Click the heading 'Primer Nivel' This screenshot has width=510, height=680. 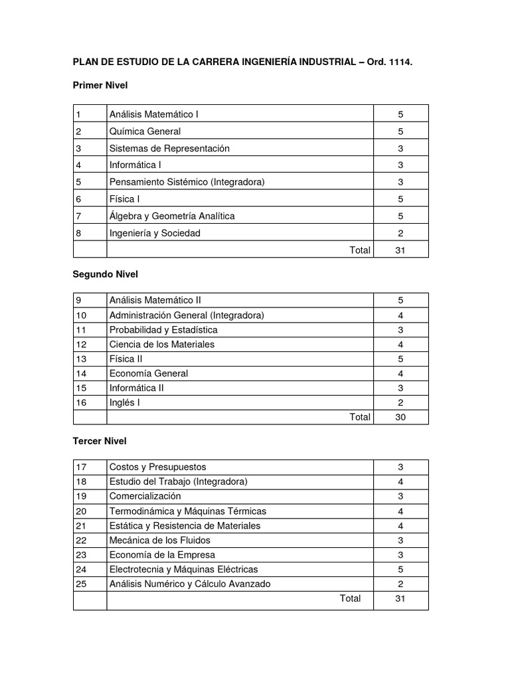point(100,85)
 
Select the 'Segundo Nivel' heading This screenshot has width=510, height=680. point(105,274)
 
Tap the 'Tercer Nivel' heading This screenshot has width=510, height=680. point(100,441)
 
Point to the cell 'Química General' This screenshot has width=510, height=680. point(145,131)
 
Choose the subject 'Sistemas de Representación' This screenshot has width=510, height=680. point(169,148)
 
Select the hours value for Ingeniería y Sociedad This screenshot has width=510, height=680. point(400,232)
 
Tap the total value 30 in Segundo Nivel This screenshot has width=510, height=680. point(400,417)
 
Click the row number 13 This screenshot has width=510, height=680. point(81,359)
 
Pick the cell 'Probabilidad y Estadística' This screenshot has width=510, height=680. point(163,329)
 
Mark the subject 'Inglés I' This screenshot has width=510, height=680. point(125,402)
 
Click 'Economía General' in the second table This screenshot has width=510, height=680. point(149,373)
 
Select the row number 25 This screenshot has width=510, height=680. point(81,584)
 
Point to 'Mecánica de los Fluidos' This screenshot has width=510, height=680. point(159,540)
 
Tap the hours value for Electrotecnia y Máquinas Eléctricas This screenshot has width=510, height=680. point(400,569)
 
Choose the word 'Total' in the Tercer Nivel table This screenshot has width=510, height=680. point(350,598)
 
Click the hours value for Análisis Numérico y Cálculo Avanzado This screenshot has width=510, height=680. point(400,584)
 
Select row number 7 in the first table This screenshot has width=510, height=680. point(78,216)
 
